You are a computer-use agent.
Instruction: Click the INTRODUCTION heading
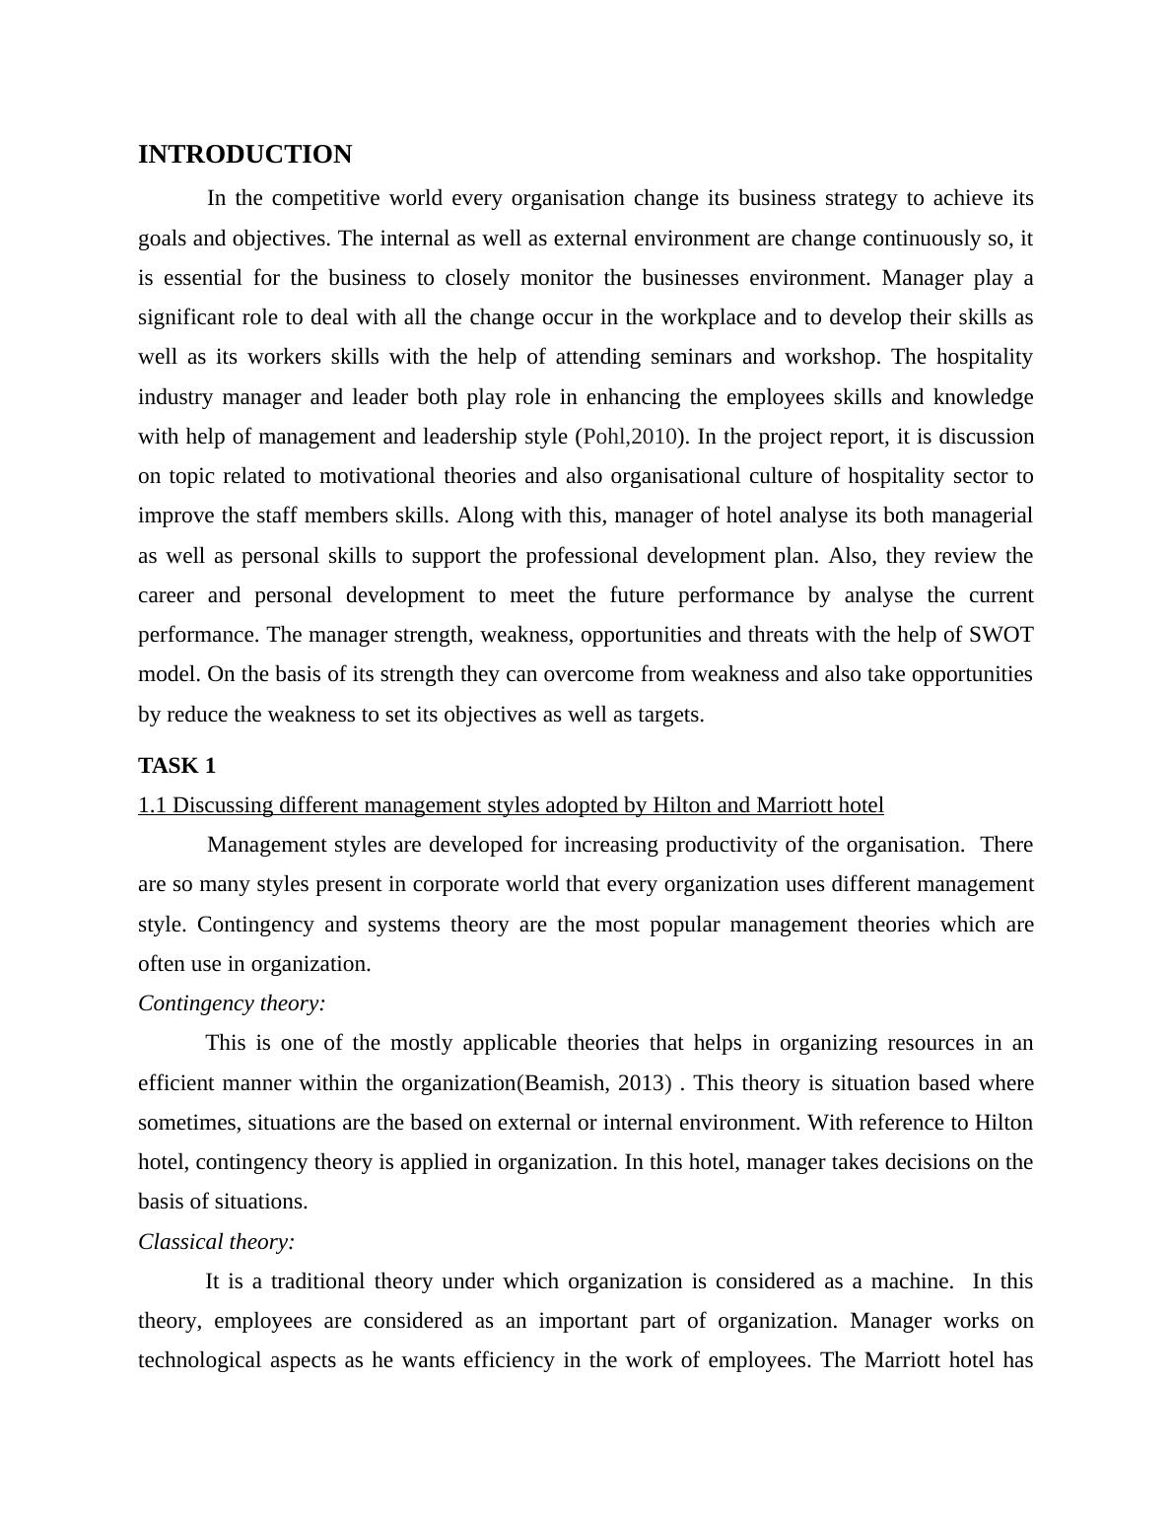click(x=244, y=155)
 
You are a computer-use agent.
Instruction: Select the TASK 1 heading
click(x=176, y=766)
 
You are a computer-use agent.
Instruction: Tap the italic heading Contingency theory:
click(x=232, y=1003)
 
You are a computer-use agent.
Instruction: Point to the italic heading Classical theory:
click(x=217, y=1242)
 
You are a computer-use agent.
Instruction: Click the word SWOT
click(x=1000, y=635)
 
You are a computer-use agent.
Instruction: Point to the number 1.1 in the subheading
click(x=153, y=805)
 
